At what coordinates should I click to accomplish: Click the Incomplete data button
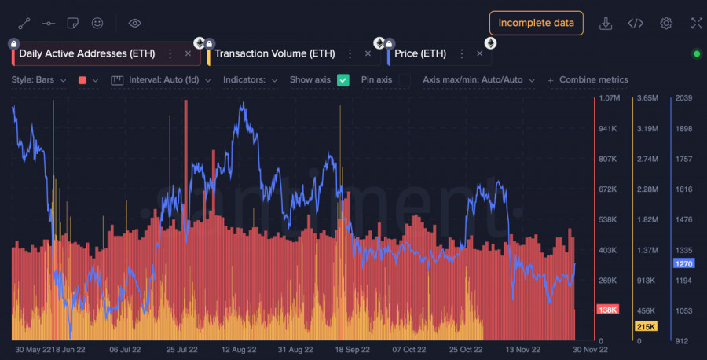point(536,23)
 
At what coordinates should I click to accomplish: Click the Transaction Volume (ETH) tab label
point(274,53)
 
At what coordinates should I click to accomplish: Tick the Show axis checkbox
point(343,79)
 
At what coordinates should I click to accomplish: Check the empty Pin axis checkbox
point(405,79)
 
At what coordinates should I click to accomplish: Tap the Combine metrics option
point(588,79)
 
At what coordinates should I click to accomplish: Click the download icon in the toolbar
point(606,23)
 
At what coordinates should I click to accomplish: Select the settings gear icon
point(666,23)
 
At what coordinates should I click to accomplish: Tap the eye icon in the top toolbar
point(134,23)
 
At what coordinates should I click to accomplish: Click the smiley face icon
point(97,23)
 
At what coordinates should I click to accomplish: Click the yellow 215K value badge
point(645,326)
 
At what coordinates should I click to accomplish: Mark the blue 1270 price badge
point(683,264)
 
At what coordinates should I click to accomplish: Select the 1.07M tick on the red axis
point(609,98)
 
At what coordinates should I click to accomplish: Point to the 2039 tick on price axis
point(683,98)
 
